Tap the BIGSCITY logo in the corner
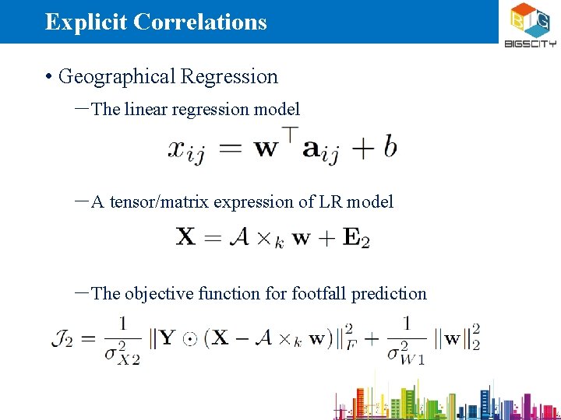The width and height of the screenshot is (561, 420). (x=530, y=25)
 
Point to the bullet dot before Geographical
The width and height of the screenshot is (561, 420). (x=48, y=77)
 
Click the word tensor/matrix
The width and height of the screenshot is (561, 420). (x=159, y=202)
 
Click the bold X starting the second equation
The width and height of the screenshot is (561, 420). (x=185, y=236)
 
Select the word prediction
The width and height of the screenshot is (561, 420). (x=389, y=294)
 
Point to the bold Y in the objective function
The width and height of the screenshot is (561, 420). (x=169, y=338)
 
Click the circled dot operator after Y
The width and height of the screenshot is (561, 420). (x=189, y=339)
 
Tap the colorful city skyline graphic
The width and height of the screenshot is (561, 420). (x=444, y=400)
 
